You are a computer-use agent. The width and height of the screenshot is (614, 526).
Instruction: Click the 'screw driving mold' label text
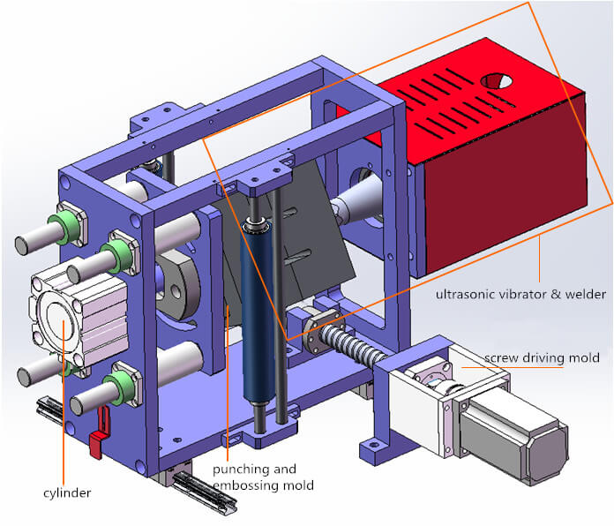coord(542,357)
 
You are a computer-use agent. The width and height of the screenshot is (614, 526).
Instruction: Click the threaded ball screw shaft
coord(357,348)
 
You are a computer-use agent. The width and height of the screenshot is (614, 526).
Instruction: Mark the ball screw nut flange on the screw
coord(316,330)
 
